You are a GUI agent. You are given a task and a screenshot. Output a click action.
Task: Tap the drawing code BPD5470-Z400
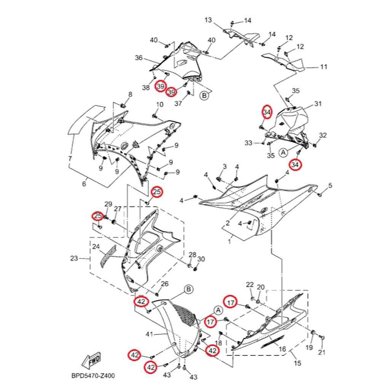(x=93, y=376)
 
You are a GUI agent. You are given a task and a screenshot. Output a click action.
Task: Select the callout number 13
(x=208, y=20)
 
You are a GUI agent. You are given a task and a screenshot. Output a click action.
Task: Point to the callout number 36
(x=139, y=58)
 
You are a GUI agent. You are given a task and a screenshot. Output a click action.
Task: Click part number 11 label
(x=323, y=67)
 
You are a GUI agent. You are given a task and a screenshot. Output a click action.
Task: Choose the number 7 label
(x=70, y=158)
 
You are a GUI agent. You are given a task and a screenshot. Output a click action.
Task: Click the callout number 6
(x=84, y=184)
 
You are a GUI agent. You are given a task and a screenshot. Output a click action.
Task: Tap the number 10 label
(x=160, y=104)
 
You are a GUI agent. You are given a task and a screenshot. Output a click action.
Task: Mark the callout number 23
(x=74, y=259)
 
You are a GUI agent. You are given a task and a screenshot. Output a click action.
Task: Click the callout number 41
(x=149, y=334)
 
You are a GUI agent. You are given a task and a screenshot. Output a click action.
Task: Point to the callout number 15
(x=297, y=363)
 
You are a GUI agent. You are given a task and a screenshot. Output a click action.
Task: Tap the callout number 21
(x=322, y=352)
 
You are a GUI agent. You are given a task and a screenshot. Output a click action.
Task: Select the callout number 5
(x=330, y=185)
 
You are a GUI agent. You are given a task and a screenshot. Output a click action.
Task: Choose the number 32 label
(x=323, y=135)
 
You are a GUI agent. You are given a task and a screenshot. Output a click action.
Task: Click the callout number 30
(x=201, y=259)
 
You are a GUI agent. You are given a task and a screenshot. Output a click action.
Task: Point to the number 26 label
(x=165, y=284)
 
